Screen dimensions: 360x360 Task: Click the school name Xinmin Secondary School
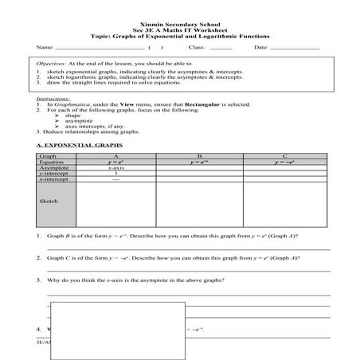(179, 24)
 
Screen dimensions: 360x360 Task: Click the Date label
(261, 49)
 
